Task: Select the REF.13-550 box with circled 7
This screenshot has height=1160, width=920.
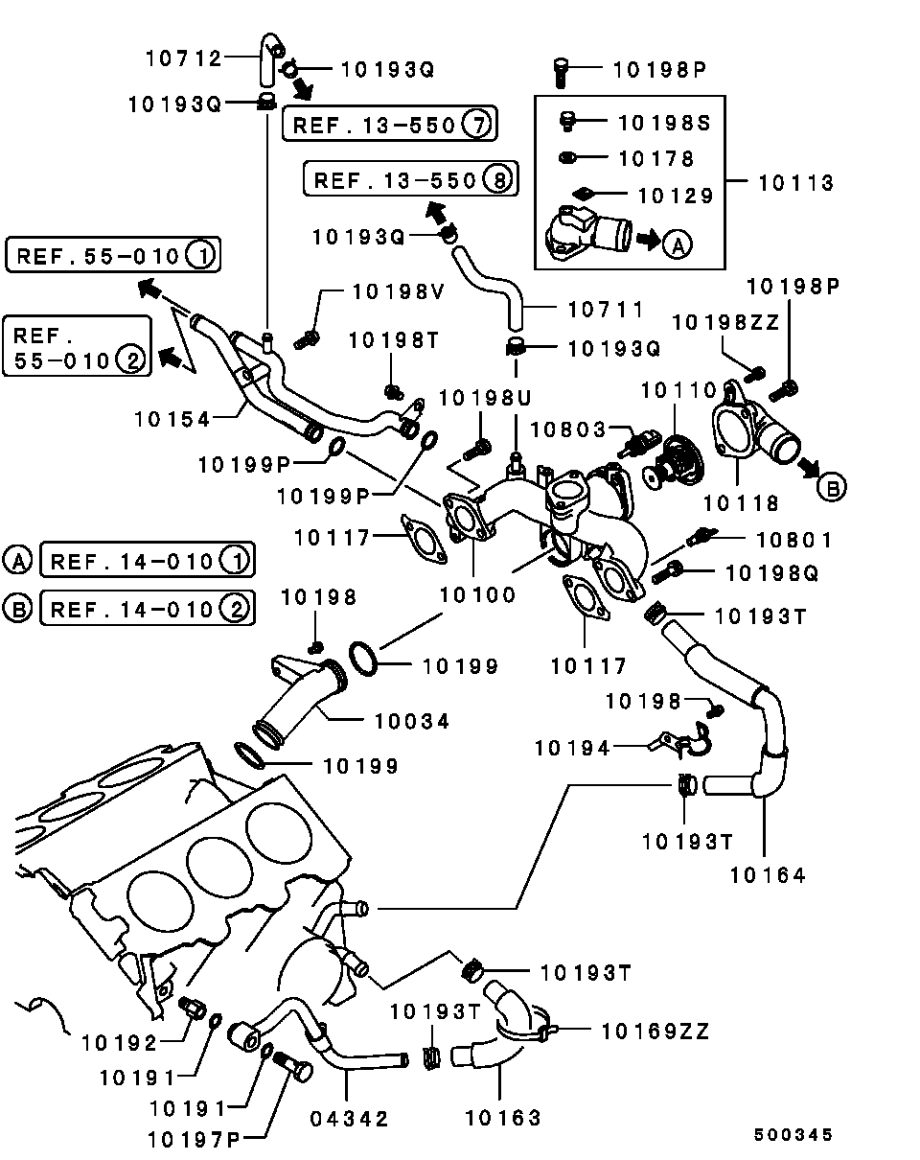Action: coord(388,124)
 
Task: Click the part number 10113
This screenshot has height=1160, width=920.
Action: coord(796,182)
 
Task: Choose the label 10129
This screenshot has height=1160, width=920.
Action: coord(676,196)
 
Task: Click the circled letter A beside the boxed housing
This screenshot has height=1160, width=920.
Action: coord(678,244)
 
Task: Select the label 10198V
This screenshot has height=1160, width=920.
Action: coord(398,292)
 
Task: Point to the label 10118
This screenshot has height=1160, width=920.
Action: coord(742,502)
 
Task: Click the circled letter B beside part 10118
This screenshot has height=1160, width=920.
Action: coord(832,487)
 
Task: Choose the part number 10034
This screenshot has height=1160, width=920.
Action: coord(411,721)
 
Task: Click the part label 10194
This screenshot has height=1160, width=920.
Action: coord(572,747)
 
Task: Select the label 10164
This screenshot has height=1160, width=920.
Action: coord(768,873)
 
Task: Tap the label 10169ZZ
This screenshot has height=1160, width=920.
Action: coord(655,1032)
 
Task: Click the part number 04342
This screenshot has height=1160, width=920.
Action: coord(350,1118)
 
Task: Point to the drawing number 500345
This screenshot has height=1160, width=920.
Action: coord(792,1135)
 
